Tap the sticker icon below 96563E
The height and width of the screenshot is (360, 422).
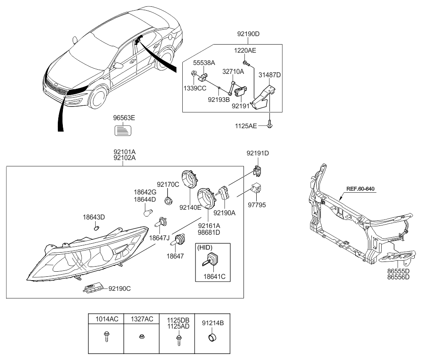tap(123, 130)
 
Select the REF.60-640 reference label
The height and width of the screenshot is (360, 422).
tap(360, 189)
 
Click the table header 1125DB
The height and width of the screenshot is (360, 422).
tap(178, 320)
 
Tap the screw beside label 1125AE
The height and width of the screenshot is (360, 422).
tap(270, 124)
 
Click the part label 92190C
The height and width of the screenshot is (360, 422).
tap(119, 289)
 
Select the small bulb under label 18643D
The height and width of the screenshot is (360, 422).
tap(96, 228)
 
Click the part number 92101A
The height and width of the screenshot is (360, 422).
tap(125, 152)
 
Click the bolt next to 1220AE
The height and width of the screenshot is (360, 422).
tap(246, 63)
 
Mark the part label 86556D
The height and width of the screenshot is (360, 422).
tap(398, 277)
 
